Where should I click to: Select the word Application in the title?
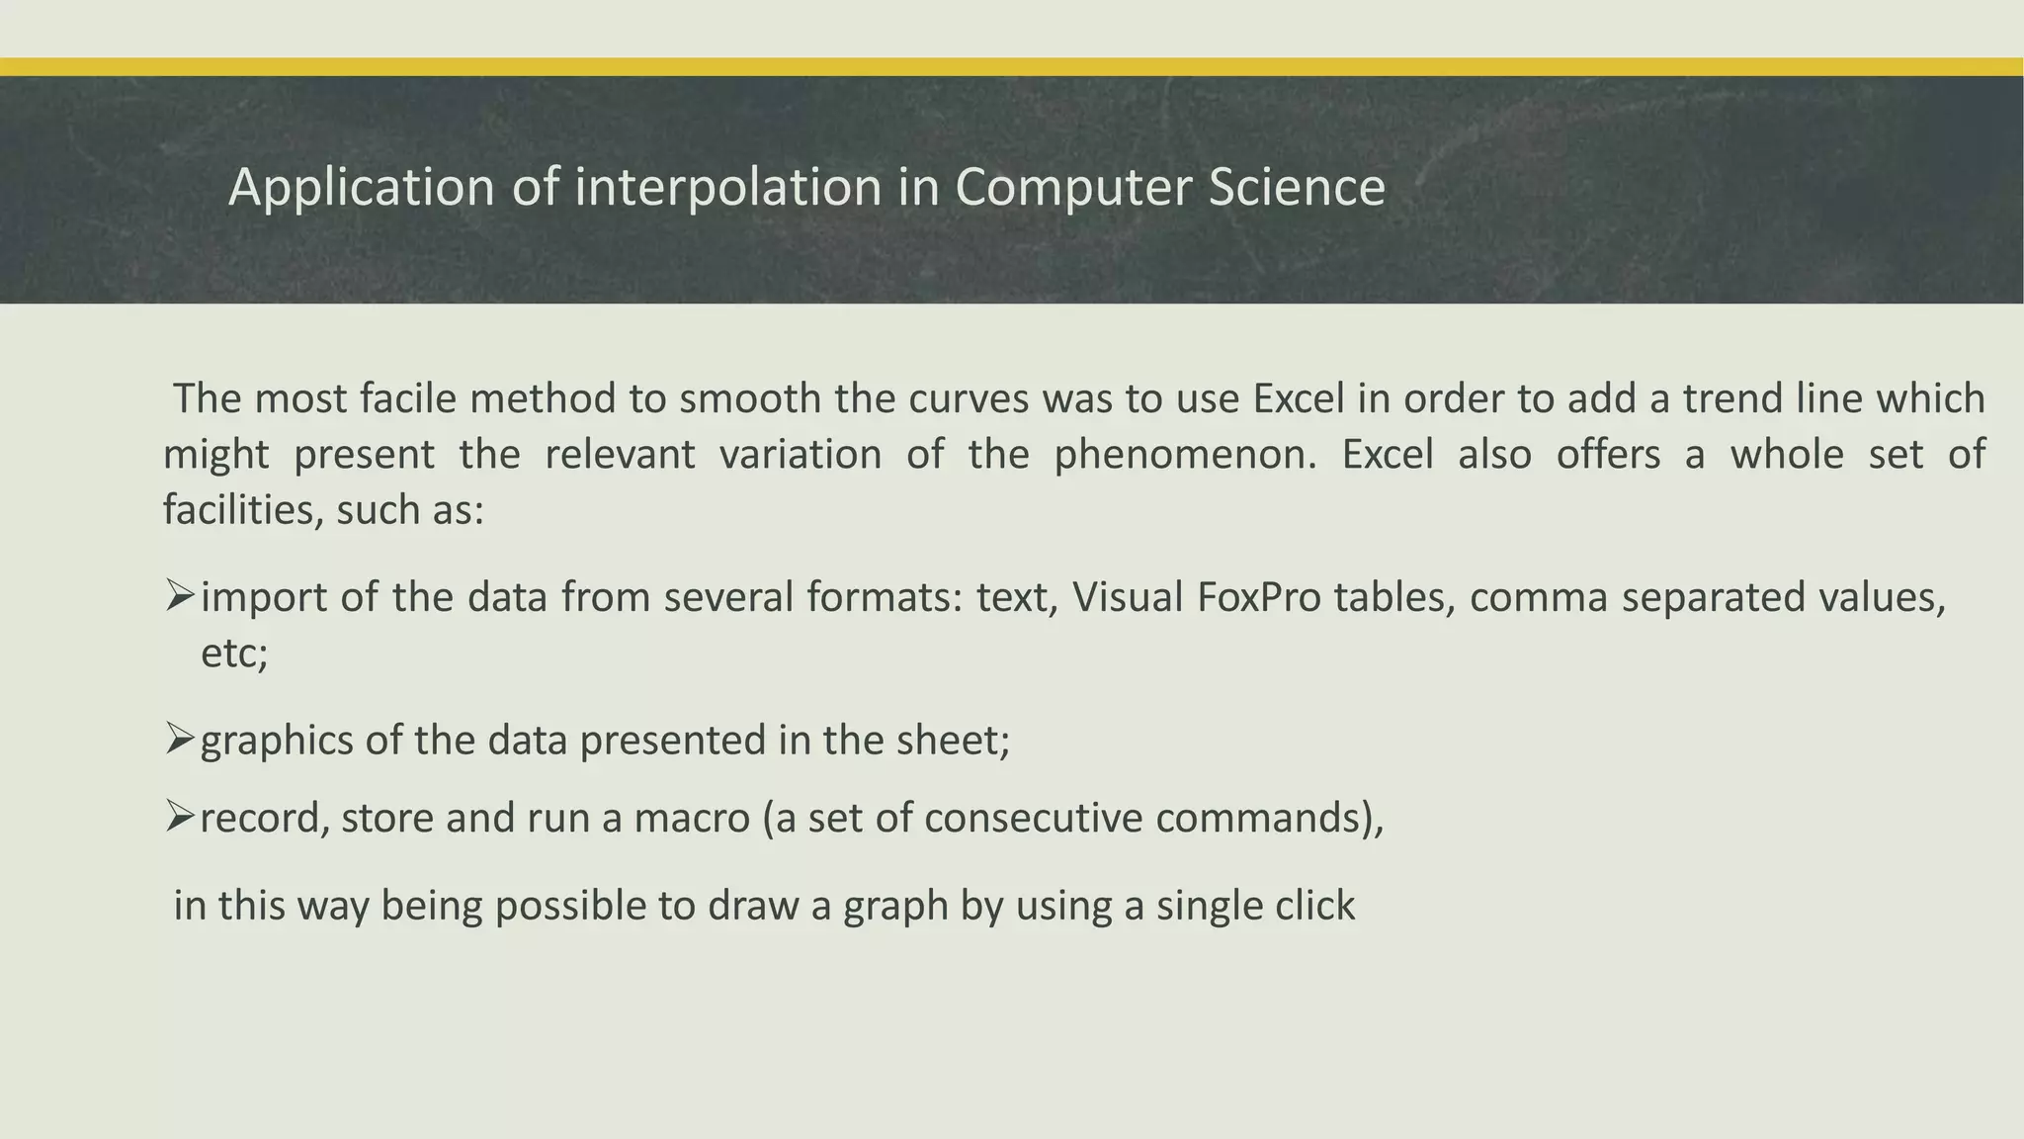click(x=361, y=188)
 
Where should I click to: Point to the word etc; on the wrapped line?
click(x=234, y=654)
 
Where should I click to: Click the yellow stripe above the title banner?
click(x=1012, y=67)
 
